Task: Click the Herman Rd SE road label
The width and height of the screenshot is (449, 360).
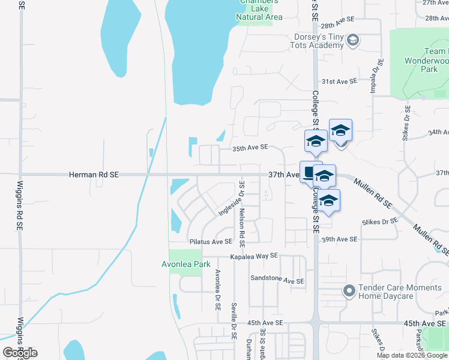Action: (x=94, y=174)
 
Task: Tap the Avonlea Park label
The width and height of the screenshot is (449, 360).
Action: (x=185, y=263)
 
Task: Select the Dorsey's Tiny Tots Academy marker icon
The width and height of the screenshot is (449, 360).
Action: (x=353, y=40)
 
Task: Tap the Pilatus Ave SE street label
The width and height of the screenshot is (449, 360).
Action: (x=210, y=241)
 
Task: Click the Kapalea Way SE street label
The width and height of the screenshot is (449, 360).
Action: (x=255, y=256)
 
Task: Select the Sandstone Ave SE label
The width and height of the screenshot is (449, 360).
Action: (x=277, y=280)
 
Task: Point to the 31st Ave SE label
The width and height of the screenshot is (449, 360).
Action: (x=339, y=80)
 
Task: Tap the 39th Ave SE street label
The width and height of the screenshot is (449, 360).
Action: (x=339, y=239)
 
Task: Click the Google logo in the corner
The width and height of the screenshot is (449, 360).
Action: (x=20, y=352)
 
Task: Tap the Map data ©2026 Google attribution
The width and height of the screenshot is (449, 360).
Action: (x=412, y=355)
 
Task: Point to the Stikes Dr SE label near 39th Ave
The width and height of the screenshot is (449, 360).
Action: (x=379, y=222)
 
